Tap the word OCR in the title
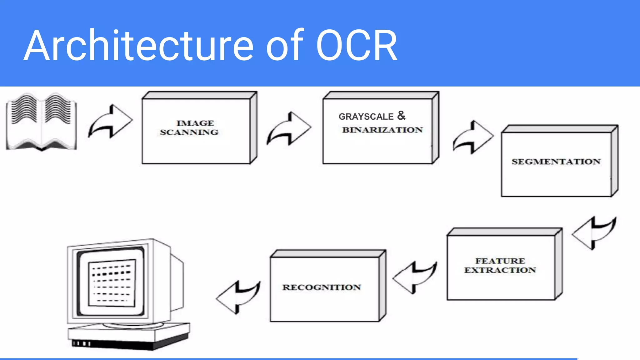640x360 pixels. (x=356, y=45)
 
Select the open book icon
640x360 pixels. (x=41, y=121)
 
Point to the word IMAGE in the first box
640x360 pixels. (x=195, y=123)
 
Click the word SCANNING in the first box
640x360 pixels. (x=189, y=132)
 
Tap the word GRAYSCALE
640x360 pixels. (x=366, y=117)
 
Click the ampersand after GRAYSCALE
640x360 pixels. (x=401, y=115)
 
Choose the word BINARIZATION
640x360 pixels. (x=382, y=130)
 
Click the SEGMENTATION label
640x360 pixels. (x=556, y=162)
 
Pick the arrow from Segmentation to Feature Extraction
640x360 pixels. (x=594, y=233)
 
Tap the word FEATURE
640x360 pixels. (x=500, y=261)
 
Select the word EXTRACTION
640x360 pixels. (x=500, y=270)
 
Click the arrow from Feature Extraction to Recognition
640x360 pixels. (x=415, y=277)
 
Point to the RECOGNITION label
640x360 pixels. (x=322, y=287)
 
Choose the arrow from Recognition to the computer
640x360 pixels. (x=238, y=297)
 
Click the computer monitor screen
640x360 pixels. (x=112, y=283)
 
